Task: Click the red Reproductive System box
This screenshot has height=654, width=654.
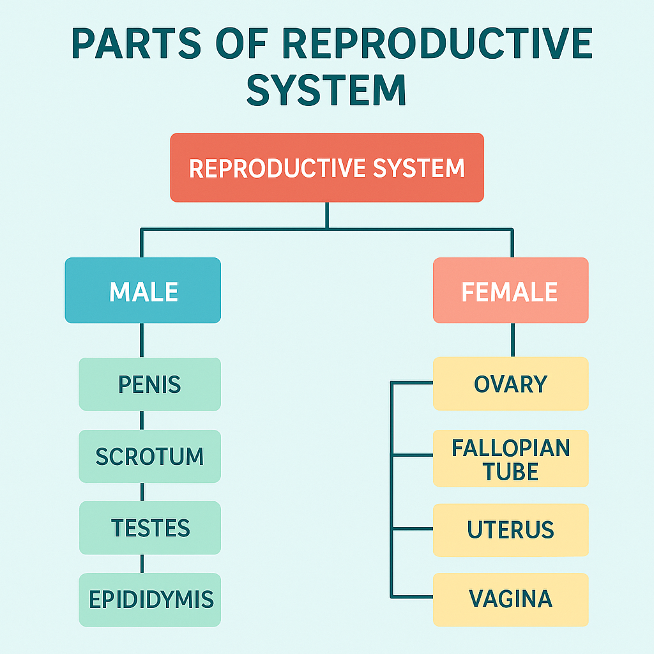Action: point(327,168)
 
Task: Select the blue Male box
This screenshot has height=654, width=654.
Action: point(142,291)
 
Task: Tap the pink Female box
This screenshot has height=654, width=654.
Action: point(510,291)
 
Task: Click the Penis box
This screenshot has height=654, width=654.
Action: point(149,384)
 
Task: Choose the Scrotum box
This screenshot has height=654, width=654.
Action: point(149,456)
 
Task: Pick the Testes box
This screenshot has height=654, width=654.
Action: point(150,528)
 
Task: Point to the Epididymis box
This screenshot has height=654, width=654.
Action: point(149,600)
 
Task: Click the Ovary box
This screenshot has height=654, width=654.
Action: point(510,384)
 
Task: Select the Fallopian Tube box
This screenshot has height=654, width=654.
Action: point(510,459)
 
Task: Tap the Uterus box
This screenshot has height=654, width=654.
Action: point(510,530)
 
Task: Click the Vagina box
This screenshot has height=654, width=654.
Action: point(510,599)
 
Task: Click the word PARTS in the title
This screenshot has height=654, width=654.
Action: point(137,43)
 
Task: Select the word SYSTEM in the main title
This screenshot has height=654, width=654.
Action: point(326,90)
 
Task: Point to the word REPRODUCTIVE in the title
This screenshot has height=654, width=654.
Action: point(437,43)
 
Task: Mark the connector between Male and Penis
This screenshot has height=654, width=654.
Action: point(142,340)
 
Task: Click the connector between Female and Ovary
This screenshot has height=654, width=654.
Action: point(513,340)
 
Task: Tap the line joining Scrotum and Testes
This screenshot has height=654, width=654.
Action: point(142,492)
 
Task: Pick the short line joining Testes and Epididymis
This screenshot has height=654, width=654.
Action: point(142,564)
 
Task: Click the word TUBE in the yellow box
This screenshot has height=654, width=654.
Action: point(511,472)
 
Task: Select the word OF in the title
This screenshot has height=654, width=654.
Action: point(241,43)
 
